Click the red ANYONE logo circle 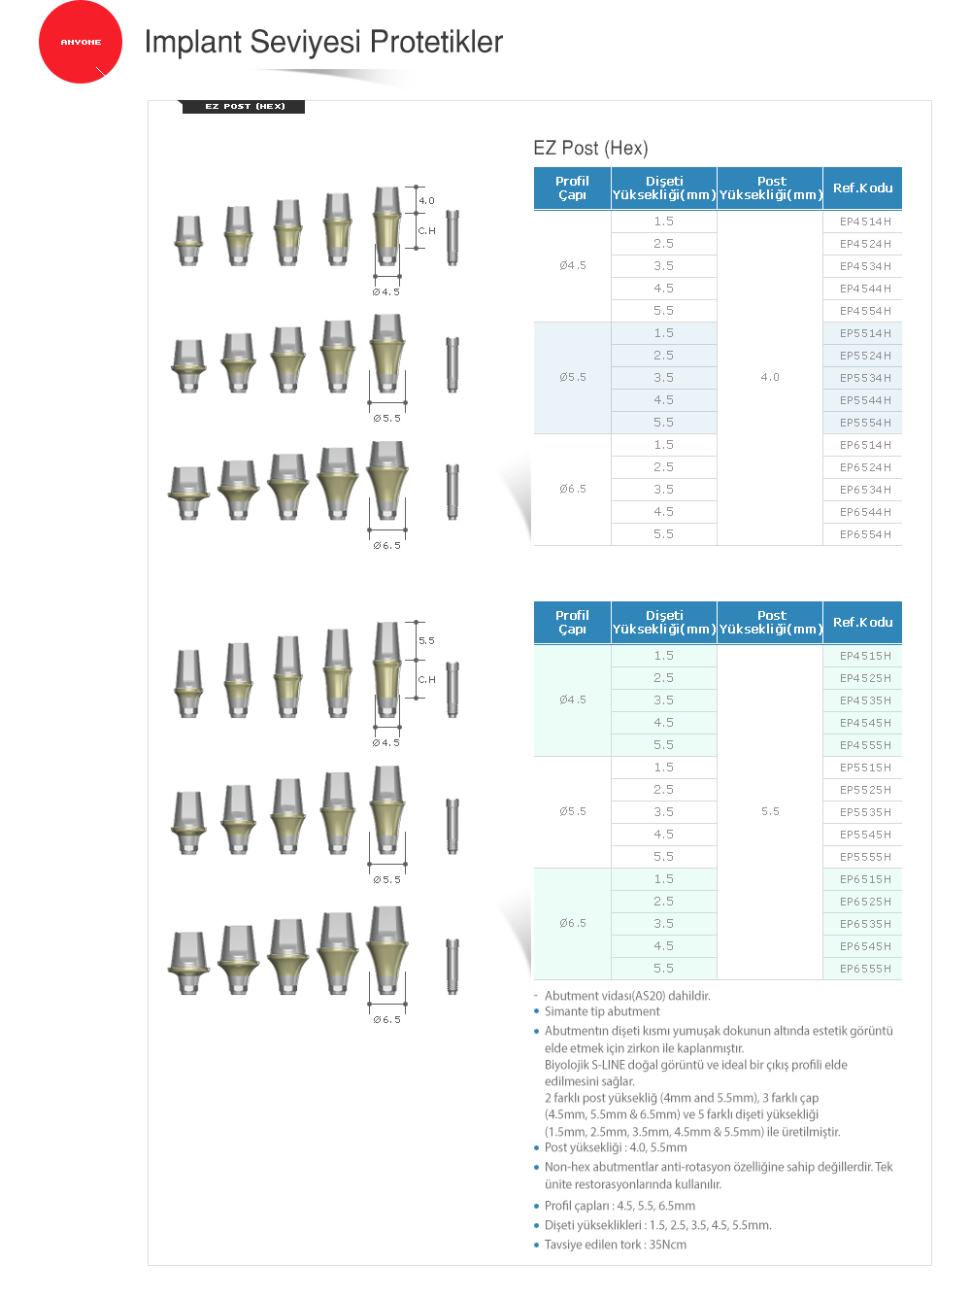[81, 42]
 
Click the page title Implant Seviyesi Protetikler [323, 42]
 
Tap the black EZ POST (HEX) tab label [244, 106]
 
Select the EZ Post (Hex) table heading [590, 148]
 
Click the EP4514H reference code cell [865, 222]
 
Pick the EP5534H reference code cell [865, 378]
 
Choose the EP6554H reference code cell [865, 534]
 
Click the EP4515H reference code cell [865, 656]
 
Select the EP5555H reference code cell [865, 857]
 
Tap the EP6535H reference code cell [865, 924]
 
